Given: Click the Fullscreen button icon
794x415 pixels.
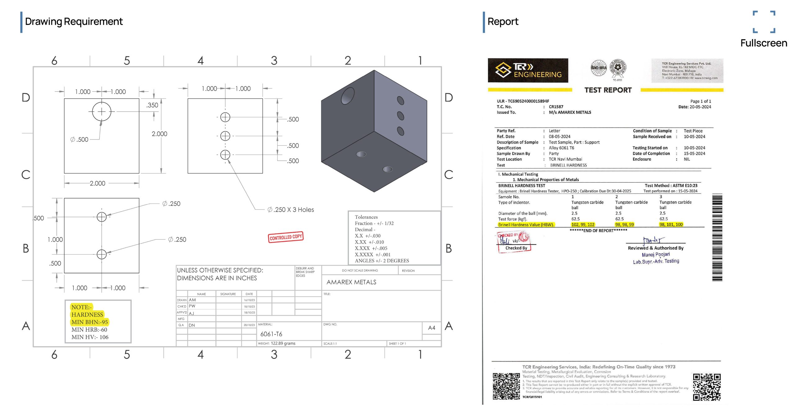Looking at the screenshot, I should [764, 22].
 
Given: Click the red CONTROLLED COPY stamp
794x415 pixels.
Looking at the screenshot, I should [285, 237].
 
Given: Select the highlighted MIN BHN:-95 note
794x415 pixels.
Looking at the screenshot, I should [90, 322].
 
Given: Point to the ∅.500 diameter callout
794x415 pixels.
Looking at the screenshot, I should [79, 139].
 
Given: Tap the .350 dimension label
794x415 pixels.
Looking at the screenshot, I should [152, 105].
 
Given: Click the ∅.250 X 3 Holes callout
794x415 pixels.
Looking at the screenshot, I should [291, 210].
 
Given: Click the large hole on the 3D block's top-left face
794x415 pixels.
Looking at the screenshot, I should [348, 96].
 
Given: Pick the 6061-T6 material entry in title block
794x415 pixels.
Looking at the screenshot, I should [271, 334].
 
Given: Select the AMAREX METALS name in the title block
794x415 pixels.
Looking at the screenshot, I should [351, 282].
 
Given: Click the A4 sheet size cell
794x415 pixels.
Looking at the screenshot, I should [431, 328].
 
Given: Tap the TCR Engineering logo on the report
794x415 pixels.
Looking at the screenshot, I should [528, 70].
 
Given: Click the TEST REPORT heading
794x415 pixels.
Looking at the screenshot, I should [608, 90].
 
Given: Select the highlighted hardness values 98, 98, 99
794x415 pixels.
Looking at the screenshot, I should [624, 224].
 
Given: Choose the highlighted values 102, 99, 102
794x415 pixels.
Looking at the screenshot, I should [583, 224].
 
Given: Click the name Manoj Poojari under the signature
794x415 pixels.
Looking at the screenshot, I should [656, 254].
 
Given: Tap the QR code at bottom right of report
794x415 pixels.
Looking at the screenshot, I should [707, 387].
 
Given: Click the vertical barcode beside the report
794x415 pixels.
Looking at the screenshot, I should [717, 237].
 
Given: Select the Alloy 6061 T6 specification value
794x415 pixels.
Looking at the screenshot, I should [561, 148].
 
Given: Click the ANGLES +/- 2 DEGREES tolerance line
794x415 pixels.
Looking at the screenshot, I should [382, 261].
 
